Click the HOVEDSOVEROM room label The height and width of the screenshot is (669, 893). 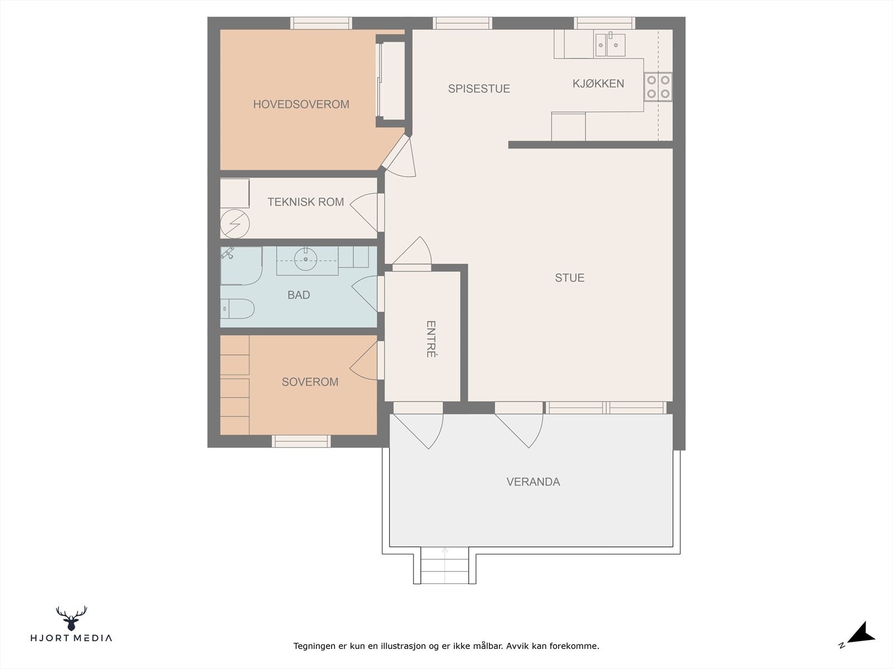coord(301,104)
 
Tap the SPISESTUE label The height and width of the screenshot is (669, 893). coord(479,89)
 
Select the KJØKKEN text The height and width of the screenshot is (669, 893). coord(598,83)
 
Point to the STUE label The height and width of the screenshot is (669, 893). coord(570,278)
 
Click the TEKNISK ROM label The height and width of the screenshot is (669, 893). coord(305,202)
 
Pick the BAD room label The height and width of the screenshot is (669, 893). coord(299,295)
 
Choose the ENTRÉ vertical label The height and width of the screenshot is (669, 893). coord(431,339)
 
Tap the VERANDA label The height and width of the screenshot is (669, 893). coord(533,482)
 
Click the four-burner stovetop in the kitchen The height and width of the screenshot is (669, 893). coord(658,86)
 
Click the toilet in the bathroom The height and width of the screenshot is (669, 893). coord(237,309)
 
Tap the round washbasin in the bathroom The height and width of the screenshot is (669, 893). coord(305,260)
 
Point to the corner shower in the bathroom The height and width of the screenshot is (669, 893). coord(241,266)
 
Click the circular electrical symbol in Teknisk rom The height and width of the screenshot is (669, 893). coord(235,224)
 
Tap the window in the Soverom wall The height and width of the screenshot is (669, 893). coord(301,441)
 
